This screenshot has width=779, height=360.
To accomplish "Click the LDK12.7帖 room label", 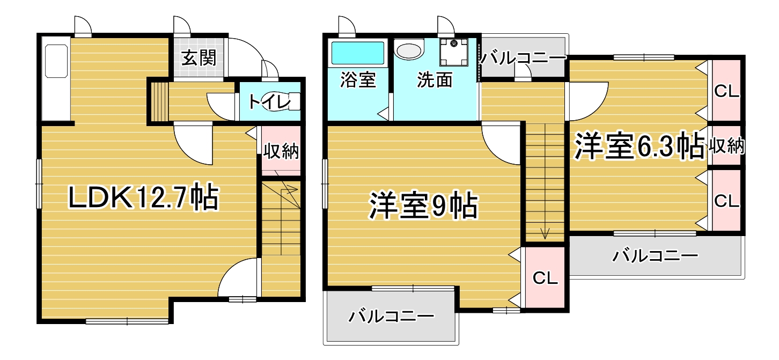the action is [x=144, y=197].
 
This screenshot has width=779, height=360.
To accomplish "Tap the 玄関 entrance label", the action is [x=199, y=58].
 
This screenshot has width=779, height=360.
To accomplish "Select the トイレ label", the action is [x=269, y=101].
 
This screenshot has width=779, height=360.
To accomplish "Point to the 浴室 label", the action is [x=358, y=79].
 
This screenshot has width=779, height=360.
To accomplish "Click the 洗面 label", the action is [x=435, y=79].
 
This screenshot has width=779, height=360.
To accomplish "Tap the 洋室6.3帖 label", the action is [x=639, y=146].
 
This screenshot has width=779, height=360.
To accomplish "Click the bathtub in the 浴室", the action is [x=357, y=53].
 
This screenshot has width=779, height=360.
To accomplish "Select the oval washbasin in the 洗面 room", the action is [x=409, y=51].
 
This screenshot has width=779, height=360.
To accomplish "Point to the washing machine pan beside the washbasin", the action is [x=453, y=52].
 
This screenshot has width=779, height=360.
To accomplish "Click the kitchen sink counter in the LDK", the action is [x=56, y=79].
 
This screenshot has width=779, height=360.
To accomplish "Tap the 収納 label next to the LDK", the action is [x=281, y=151].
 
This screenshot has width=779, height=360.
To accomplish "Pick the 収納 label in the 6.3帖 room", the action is [x=727, y=146].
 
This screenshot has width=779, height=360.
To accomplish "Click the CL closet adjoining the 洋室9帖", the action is [x=545, y=277].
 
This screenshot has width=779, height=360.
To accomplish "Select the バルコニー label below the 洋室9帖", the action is [x=392, y=317].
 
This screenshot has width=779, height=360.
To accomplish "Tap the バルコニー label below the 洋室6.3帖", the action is [x=655, y=256].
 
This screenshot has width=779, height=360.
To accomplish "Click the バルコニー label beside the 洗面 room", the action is [x=523, y=58].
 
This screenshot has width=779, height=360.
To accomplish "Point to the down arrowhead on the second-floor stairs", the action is [x=545, y=233].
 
